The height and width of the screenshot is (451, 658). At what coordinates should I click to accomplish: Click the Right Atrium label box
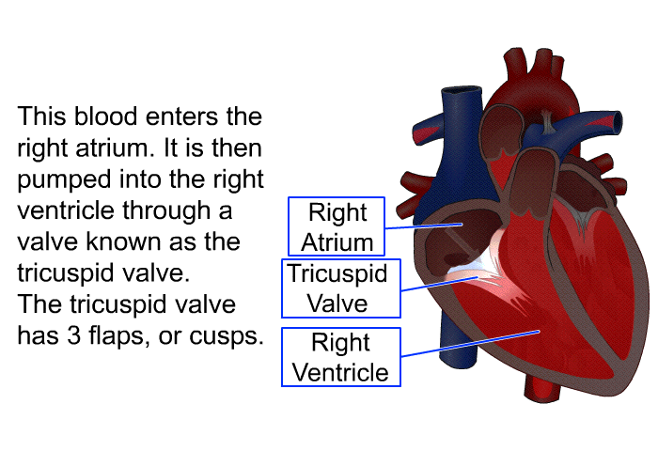tap(337, 226)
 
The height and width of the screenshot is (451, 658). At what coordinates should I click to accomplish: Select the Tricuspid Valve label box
tap(340, 288)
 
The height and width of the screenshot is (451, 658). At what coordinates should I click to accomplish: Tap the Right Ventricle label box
tap(340, 357)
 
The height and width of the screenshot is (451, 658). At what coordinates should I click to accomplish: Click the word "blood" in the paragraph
tap(105, 117)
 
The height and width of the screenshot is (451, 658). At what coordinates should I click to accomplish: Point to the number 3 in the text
tap(74, 335)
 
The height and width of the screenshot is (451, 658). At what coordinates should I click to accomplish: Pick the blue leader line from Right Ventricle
tap(470, 344)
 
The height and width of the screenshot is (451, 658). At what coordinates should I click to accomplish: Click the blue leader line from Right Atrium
tap(423, 226)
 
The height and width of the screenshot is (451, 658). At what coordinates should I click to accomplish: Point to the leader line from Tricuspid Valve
tap(439, 284)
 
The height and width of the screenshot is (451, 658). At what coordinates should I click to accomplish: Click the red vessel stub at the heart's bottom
tap(542, 390)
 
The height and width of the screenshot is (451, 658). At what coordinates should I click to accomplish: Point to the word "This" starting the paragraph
tap(41, 117)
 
